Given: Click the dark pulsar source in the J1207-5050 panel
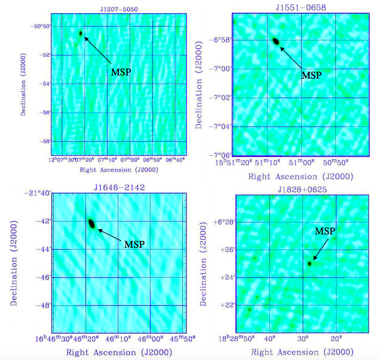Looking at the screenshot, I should click(81, 33).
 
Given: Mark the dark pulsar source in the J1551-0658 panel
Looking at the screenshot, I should click(275, 41).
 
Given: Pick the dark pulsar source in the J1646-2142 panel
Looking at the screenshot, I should click(91, 224).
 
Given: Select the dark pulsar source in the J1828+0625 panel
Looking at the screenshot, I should click(309, 263).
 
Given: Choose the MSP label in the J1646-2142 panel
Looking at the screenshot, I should click(134, 245).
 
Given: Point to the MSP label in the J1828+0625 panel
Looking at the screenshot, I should click(325, 232).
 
